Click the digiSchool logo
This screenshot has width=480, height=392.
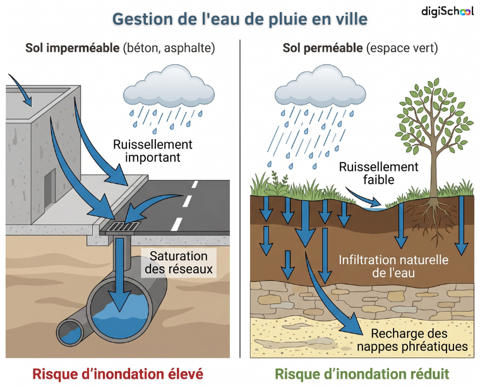[x=448, y=11]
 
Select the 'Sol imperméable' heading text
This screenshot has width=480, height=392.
[x=72, y=48]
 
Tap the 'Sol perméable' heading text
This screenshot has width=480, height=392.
[x=323, y=48]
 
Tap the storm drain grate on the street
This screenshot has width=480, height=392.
[x=124, y=227]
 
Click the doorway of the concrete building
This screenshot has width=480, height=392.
[x=50, y=190]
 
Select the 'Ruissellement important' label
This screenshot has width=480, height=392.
[x=153, y=150]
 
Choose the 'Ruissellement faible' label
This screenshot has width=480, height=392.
[x=378, y=173]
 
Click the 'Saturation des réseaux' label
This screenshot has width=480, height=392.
[x=179, y=262]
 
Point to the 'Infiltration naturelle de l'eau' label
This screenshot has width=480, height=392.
[x=393, y=266]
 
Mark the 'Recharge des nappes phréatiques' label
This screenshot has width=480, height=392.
[x=412, y=340]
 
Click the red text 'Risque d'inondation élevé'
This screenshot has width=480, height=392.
[x=118, y=374]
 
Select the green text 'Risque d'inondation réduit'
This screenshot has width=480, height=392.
[x=362, y=374]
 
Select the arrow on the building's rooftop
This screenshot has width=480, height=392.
[x=21, y=89]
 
